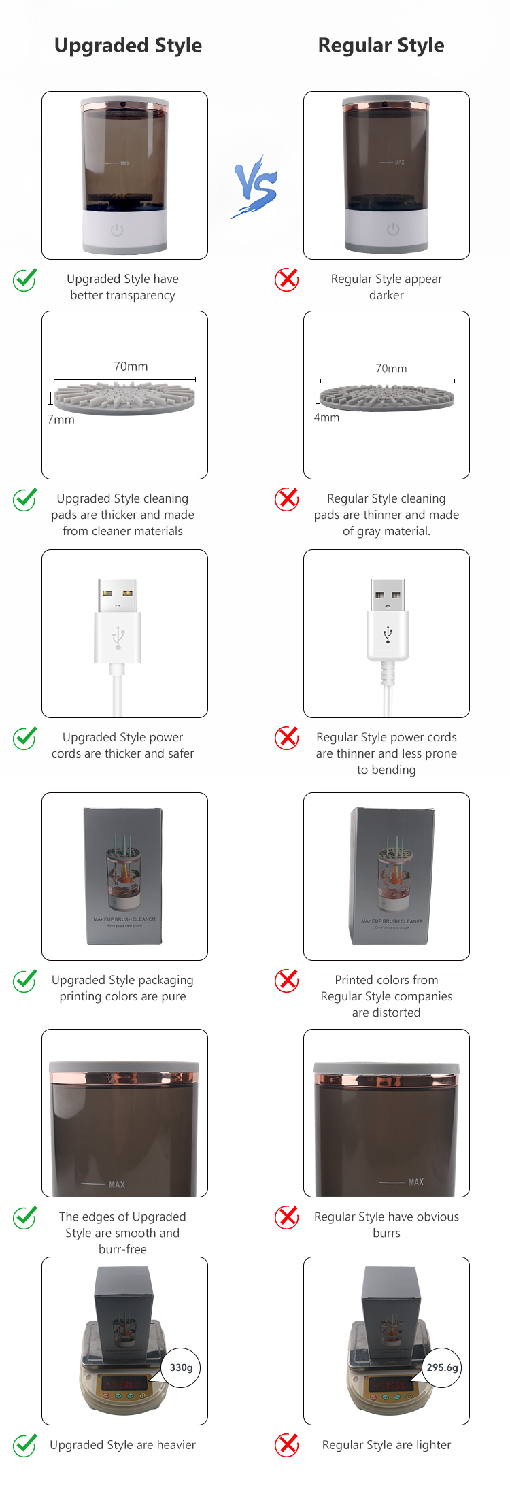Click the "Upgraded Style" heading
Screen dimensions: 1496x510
click(128, 46)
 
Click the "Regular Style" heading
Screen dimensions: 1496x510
click(381, 46)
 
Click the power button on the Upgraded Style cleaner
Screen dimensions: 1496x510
click(117, 230)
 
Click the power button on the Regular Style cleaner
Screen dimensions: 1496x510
click(393, 229)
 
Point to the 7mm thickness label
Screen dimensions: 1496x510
click(61, 420)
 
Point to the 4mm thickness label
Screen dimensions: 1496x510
click(326, 418)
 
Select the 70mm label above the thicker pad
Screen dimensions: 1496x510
click(131, 367)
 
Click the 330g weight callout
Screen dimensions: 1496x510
click(181, 1367)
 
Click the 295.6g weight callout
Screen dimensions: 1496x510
click(442, 1367)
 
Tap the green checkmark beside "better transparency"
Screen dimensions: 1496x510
click(25, 279)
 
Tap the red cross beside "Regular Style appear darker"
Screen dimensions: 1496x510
click(286, 279)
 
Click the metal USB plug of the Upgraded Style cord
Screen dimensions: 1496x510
click(117, 594)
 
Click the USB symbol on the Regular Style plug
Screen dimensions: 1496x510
click(388, 634)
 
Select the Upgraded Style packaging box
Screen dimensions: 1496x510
click(124, 876)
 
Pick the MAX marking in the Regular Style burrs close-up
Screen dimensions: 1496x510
click(415, 1183)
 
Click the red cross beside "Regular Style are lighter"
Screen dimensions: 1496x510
click(286, 1445)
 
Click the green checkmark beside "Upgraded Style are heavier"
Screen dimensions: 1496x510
click(25, 1445)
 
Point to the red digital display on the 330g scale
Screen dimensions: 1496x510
click(123, 1384)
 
